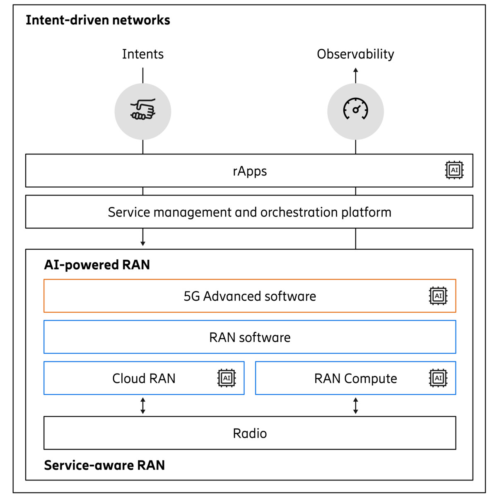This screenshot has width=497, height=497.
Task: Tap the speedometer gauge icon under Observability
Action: [355, 110]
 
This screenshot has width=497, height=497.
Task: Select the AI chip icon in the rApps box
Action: [454, 170]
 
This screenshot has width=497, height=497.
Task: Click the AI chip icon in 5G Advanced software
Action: [438, 296]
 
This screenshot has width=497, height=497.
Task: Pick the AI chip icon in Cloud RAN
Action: [227, 378]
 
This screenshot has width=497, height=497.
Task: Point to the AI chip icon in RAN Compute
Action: [438, 378]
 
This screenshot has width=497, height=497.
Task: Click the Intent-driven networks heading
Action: [98, 20]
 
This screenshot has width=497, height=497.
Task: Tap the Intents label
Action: [143, 54]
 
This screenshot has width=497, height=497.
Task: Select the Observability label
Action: [355, 54]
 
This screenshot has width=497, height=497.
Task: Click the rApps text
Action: [250, 171]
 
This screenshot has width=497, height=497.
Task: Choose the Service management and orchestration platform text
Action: [250, 212]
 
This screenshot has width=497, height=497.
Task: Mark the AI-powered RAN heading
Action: [97, 265]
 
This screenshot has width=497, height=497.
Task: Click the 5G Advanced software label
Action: [250, 296]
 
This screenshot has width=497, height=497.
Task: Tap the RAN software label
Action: [250, 337]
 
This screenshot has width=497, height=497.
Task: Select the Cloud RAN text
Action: [144, 378]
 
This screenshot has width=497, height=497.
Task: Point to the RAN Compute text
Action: [355, 378]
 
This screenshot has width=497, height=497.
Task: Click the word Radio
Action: [250, 433]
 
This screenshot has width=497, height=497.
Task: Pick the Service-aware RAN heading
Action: [104, 465]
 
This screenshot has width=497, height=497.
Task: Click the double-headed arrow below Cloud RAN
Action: [143, 406]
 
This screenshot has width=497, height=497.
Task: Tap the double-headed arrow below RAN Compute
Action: [355, 406]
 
